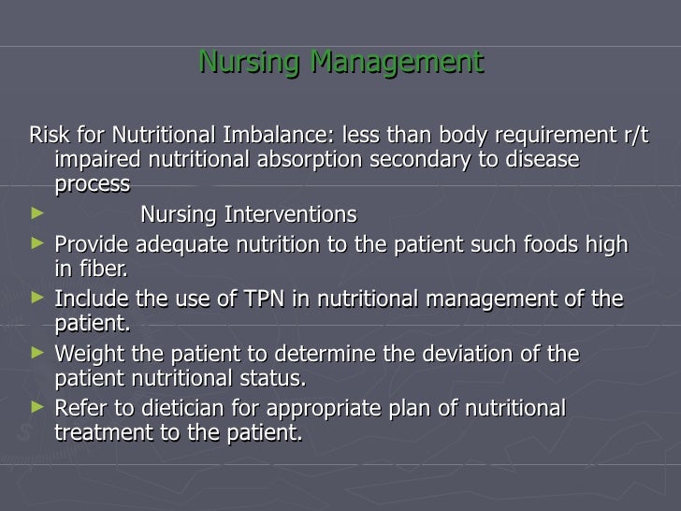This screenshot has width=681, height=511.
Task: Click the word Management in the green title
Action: coord(397,63)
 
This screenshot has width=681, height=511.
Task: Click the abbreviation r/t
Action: coord(634,135)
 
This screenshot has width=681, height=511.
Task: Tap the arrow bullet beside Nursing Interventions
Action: coord(36,214)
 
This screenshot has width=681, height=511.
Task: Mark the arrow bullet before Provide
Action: coord(36,243)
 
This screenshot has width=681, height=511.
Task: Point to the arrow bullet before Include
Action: coord(36,299)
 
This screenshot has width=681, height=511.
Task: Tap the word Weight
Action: coord(88,355)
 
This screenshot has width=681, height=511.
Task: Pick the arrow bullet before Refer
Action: coord(36,408)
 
